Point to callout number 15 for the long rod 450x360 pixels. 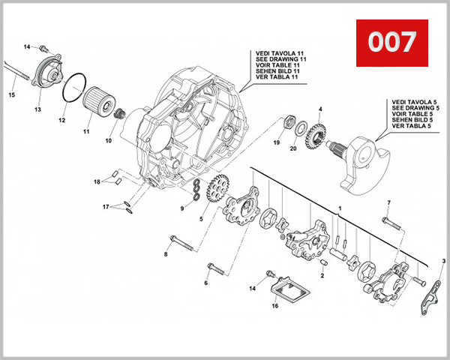[11, 95]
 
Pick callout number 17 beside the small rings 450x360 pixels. [106, 206]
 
